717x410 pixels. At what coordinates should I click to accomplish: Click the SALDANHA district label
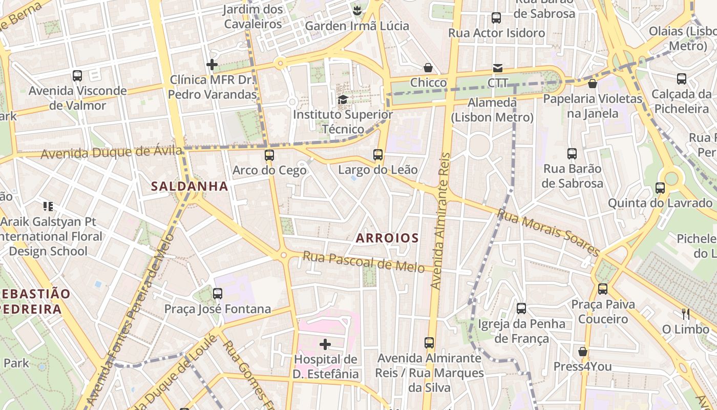point(189,186)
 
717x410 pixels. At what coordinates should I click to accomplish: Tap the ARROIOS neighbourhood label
point(387,238)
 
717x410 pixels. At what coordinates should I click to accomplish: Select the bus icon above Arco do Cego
point(269,155)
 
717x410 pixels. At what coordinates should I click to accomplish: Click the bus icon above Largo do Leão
point(378,154)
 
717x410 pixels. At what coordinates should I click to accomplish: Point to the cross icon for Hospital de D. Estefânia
point(325,344)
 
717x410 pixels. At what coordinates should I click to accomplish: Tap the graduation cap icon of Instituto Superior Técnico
point(343,99)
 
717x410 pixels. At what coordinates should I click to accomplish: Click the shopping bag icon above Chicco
point(428,68)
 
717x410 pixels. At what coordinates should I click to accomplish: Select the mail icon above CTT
point(497,68)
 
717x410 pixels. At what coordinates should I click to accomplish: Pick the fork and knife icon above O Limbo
point(685,314)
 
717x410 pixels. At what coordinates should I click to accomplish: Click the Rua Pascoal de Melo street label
point(364,262)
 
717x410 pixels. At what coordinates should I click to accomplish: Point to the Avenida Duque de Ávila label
point(111,152)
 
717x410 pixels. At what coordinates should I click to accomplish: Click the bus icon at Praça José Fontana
point(218,294)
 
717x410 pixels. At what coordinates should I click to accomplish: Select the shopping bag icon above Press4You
point(582,352)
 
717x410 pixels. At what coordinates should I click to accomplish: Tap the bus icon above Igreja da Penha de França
point(521,309)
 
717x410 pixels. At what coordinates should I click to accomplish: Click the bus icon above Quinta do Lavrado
point(660,188)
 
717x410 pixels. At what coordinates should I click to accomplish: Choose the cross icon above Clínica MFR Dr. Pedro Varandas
point(212,65)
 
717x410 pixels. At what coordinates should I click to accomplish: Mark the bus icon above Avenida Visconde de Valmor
point(77,76)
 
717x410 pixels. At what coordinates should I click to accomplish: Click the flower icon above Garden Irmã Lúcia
point(357,10)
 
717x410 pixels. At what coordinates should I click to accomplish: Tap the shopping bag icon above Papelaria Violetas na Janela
point(593,83)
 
